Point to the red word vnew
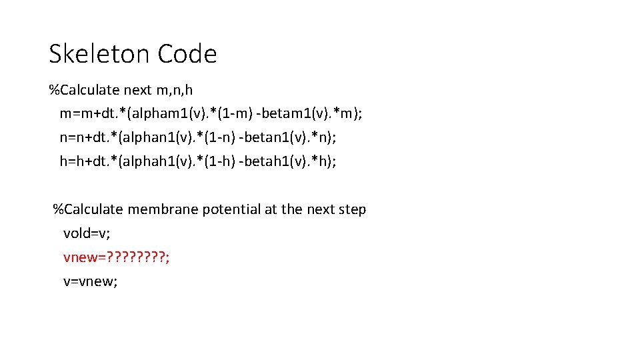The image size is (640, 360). point(79,257)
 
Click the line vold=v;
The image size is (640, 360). point(87,233)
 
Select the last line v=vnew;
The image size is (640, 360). point(91,281)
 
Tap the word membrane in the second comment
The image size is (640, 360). point(159,209)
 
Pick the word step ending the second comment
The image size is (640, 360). point(351,209)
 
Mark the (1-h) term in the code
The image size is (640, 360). point(229,161)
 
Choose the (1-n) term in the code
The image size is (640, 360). point(230,137)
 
